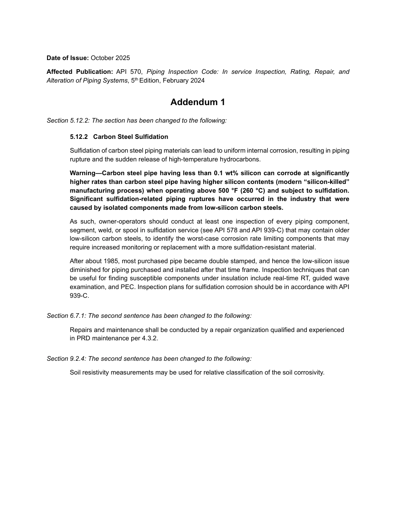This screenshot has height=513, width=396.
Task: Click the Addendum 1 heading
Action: point(198,102)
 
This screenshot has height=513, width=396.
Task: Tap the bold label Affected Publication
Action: point(80,72)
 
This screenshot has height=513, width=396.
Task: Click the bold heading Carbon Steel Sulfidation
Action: point(130,137)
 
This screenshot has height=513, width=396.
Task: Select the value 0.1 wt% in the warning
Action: point(228,173)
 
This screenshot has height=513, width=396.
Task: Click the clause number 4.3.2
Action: point(149,338)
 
